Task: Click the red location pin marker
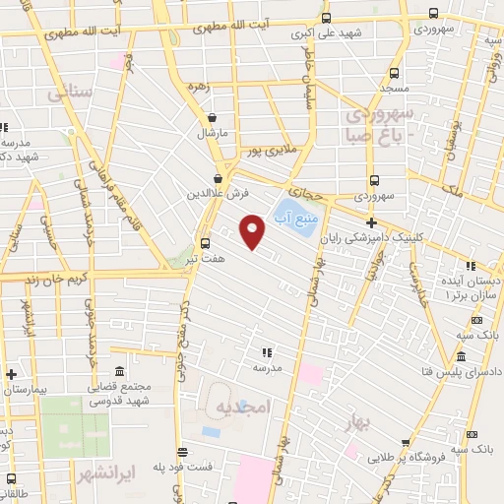[x=253, y=230]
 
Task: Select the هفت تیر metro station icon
[x=205, y=243]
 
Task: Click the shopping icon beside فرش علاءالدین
[x=217, y=178]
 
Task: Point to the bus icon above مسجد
[x=395, y=74]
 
